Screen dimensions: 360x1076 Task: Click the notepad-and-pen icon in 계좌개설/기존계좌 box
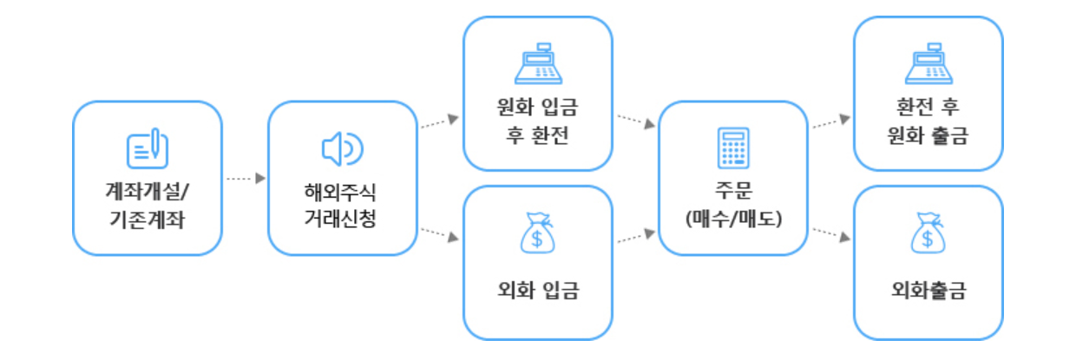pos(147,148)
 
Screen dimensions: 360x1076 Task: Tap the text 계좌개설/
pos(147,192)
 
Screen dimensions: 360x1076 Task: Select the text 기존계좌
pos(147,220)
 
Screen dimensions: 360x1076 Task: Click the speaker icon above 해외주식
pos(341,149)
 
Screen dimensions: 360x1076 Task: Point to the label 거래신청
pos(341,220)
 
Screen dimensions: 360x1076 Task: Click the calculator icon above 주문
pos(733,148)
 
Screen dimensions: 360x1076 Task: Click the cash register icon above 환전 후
pos(928,62)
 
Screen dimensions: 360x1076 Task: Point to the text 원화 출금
pos(928,135)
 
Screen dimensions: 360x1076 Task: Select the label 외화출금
pos(928,289)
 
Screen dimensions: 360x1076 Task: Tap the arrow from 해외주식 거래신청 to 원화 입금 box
pos(439,121)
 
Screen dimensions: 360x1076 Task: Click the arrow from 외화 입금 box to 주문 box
pos(635,236)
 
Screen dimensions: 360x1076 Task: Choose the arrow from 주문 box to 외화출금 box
pos(830,236)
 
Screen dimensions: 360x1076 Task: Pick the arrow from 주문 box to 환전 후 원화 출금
pos(830,121)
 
